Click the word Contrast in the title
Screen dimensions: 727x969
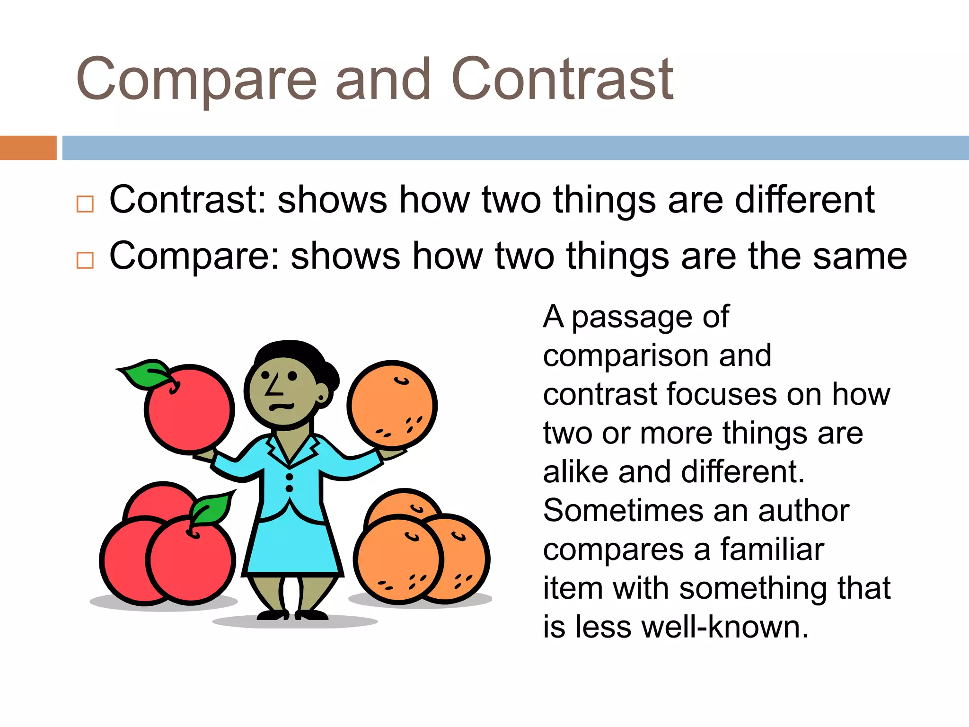click(562, 80)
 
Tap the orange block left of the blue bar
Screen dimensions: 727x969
click(28, 148)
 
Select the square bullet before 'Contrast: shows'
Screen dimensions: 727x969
click(85, 204)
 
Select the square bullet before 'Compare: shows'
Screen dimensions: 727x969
click(85, 260)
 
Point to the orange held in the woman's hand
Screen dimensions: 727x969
click(392, 404)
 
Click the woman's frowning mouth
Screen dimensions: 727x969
click(281, 407)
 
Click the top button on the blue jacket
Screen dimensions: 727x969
click(290, 477)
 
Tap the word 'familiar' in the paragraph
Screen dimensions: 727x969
click(772, 550)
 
